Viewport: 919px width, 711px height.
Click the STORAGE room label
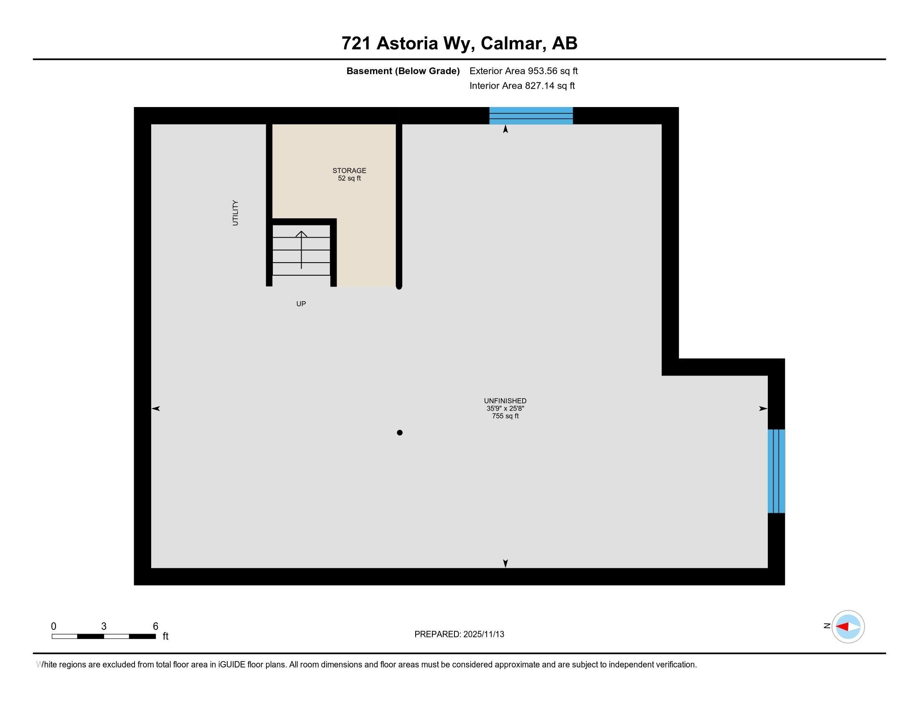point(349,171)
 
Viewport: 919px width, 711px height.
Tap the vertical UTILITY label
point(235,213)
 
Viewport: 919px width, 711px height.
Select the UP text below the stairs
point(301,304)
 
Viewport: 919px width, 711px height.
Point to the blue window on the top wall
point(531,116)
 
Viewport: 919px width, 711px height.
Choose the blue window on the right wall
point(776,471)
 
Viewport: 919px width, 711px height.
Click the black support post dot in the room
point(399,432)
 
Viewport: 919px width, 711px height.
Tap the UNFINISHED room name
point(505,401)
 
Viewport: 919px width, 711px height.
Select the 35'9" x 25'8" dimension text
point(505,409)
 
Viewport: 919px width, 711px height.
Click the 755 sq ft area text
point(505,416)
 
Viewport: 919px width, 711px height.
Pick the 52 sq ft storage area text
point(349,178)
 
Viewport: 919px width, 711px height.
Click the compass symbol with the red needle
point(848,627)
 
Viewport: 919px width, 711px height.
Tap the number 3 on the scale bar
point(104,627)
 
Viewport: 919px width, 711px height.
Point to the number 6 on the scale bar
point(155,627)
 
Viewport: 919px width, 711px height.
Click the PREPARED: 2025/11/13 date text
point(459,634)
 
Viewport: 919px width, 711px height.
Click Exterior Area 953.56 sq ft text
point(523,71)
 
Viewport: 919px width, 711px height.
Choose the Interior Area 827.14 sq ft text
point(522,86)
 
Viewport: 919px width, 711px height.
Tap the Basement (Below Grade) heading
point(403,71)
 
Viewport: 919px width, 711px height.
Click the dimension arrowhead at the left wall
point(156,409)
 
